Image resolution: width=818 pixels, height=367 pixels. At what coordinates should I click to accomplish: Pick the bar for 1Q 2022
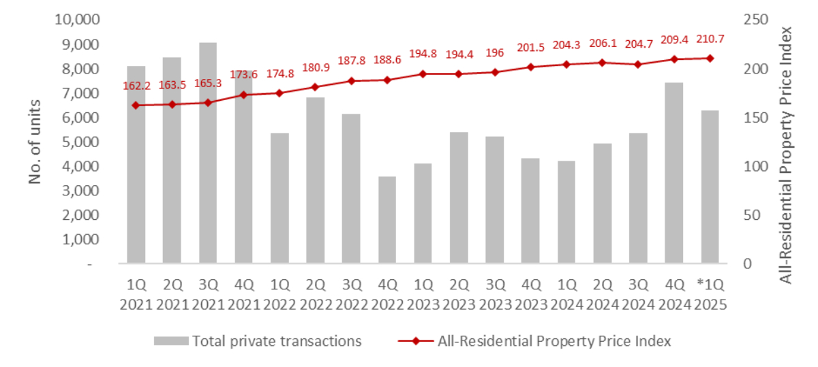point(279,197)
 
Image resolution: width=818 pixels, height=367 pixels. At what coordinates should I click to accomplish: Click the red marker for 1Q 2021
point(136,105)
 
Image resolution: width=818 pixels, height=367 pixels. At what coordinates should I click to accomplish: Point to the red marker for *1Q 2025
point(710,58)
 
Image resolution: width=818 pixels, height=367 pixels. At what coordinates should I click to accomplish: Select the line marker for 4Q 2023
point(530,67)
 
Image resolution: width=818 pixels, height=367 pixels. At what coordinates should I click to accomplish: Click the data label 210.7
point(709,44)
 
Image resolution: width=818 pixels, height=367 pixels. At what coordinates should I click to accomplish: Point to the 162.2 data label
point(136,86)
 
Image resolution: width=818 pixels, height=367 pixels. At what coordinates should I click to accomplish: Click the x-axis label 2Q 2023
point(459,293)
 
